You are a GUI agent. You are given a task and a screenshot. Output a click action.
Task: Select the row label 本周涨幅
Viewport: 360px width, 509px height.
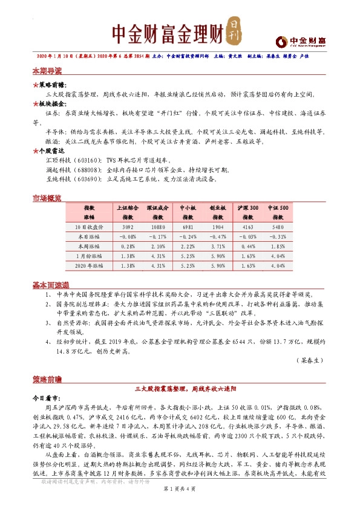coord(90,247)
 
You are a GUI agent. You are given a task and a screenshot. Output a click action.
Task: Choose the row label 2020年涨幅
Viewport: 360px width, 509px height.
coord(90,266)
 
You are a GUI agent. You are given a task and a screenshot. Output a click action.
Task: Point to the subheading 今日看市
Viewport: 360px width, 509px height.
coord(46,399)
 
